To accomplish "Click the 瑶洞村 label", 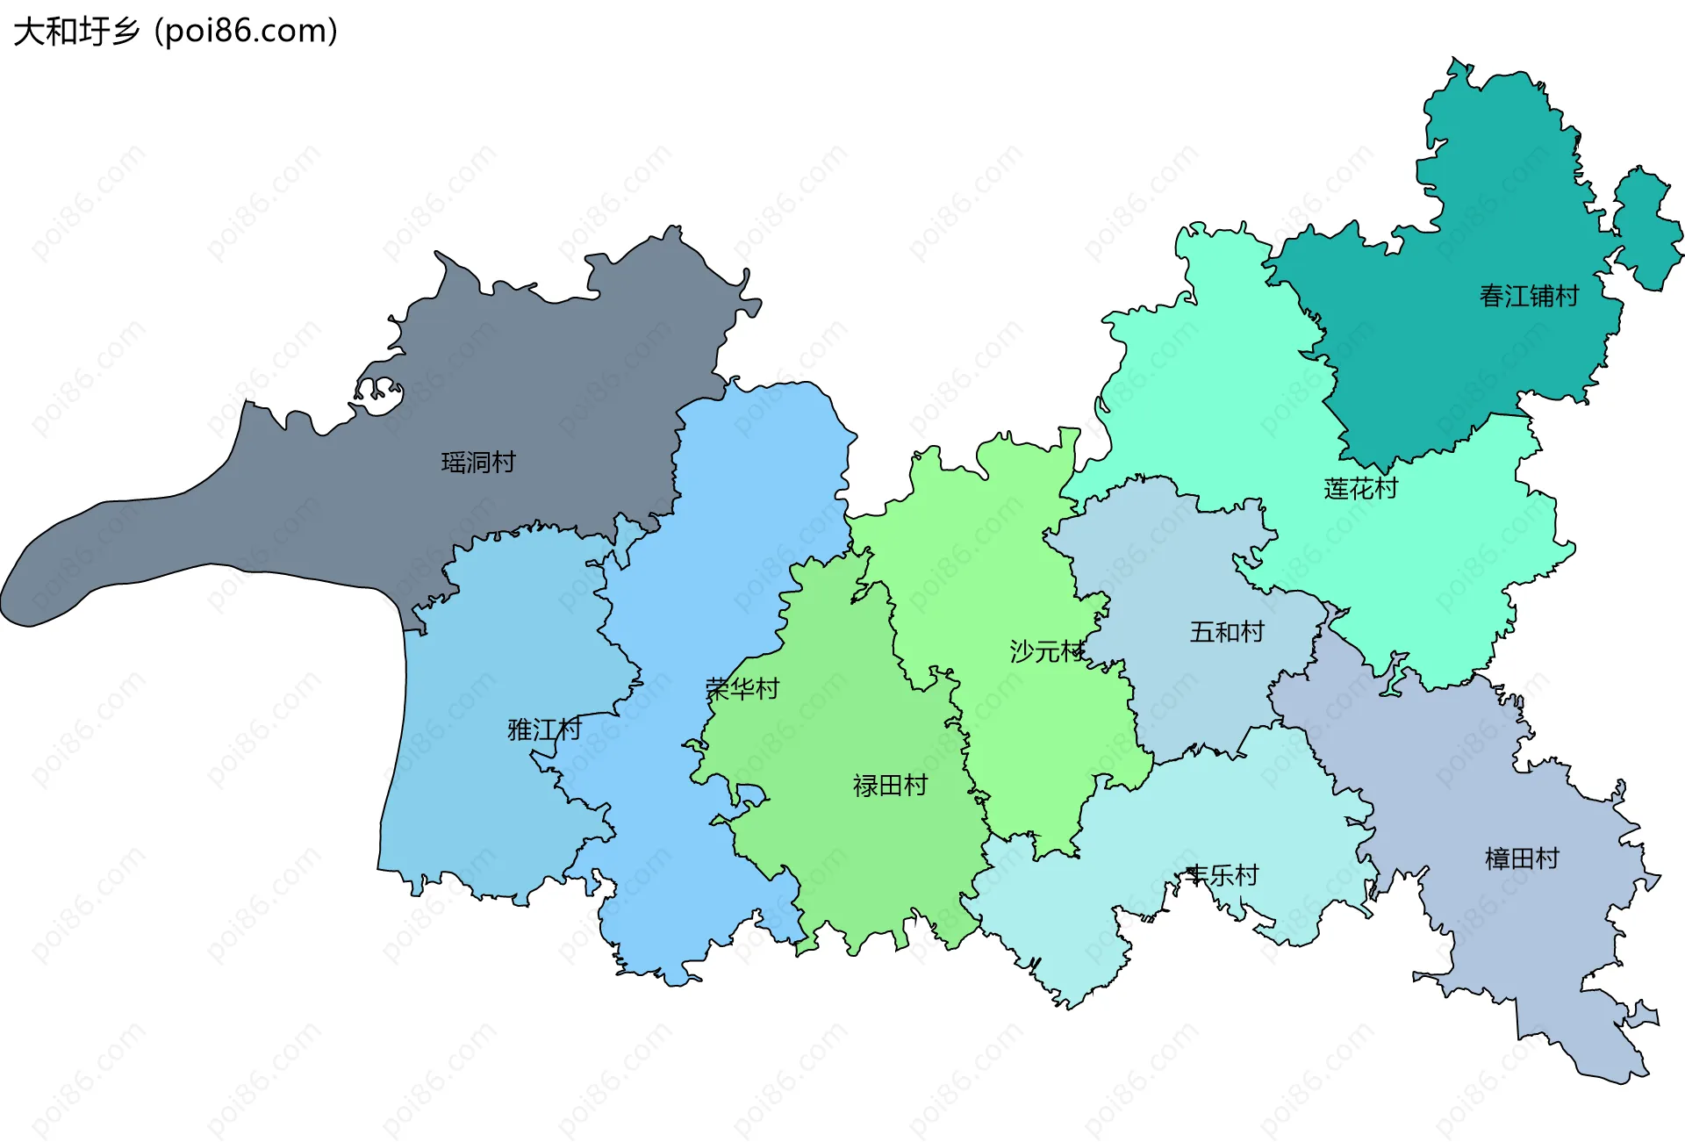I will (478, 462).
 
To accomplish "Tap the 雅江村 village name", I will (544, 729).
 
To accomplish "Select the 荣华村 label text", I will (742, 689).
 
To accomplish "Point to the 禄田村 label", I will (890, 785).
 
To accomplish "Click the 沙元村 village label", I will (1047, 651).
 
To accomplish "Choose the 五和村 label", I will (1227, 632).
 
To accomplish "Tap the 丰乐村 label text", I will (1222, 875).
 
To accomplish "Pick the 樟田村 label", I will (1522, 858).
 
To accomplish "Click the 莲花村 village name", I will (1360, 488).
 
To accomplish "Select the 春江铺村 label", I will (1529, 296).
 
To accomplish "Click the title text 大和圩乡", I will (77, 32).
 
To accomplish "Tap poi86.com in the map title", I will (246, 32).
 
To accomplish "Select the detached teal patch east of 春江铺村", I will (1647, 228).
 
